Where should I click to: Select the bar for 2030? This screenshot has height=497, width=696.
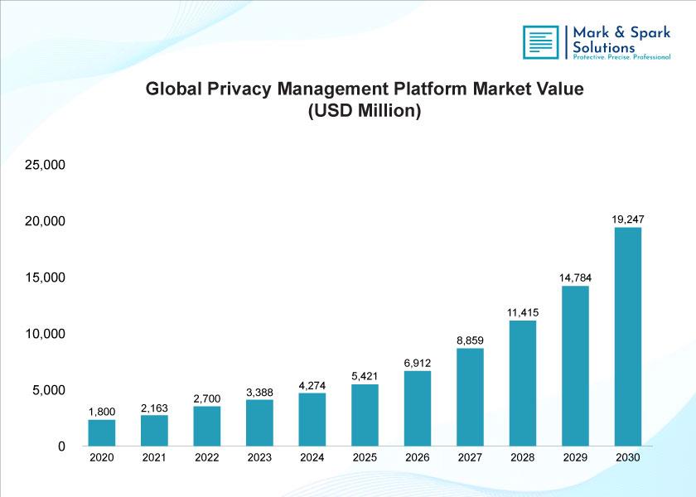(628, 337)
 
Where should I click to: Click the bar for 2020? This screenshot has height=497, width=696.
(102, 432)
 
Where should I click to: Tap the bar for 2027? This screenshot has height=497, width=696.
(470, 397)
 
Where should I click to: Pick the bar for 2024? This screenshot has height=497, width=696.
(312, 419)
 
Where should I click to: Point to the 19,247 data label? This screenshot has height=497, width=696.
(628, 220)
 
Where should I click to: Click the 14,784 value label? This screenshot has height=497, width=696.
(575, 277)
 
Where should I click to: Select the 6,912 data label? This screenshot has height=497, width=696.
(418, 363)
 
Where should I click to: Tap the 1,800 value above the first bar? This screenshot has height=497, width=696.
(102, 412)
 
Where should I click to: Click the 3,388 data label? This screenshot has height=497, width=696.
(259, 393)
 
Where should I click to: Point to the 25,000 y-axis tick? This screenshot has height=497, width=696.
(46, 165)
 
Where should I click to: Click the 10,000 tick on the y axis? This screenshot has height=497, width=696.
(46, 334)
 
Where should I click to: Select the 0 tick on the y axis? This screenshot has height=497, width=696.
(61, 446)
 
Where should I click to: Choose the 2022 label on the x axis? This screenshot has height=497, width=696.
(207, 457)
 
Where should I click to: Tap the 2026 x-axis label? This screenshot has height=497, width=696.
(418, 457)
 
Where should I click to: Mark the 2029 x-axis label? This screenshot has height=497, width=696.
(575, 457)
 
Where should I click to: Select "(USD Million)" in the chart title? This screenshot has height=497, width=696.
(365, 110)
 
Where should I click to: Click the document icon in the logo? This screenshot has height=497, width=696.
(540, 42)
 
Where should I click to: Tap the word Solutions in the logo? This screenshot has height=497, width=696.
(604, 47)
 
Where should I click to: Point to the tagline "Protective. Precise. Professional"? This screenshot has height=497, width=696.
(621, 57)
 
